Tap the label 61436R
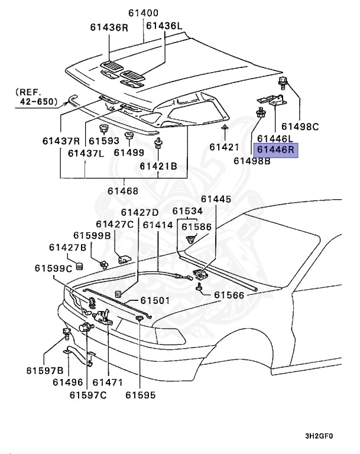[109, 27]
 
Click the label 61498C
[300, 126]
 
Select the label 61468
[123, 191]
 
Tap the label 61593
[104, 141]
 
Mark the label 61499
[129, 153]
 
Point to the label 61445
[216, 199]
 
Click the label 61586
[196, 226]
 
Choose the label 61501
[154, 300]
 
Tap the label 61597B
[44, 370]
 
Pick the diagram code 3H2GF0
[319, 436]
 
